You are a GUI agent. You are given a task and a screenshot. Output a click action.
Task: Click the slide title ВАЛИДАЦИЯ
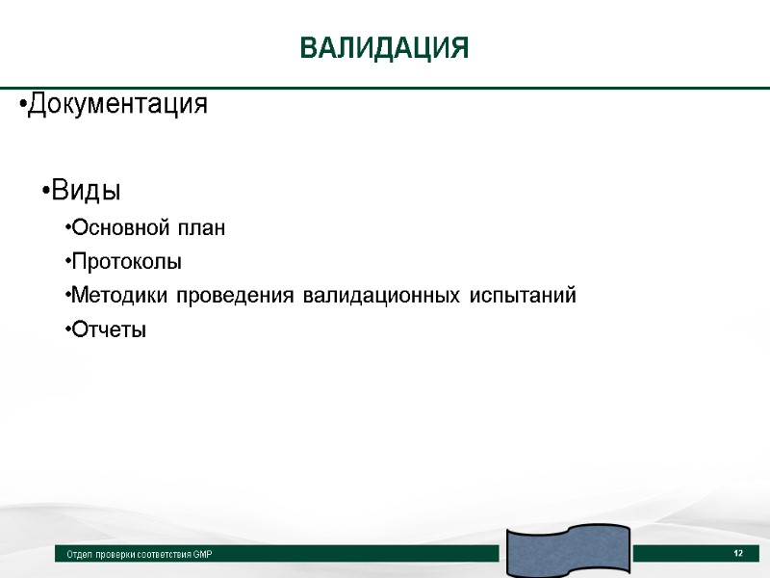pos(384,48)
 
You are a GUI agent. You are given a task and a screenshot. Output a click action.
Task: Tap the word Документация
pos(117,104)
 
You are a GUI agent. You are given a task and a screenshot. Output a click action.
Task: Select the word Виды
pos(86,191)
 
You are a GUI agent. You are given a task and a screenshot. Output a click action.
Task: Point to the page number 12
pos(738,553)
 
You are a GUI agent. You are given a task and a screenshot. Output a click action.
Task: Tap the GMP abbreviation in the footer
pos(203,555)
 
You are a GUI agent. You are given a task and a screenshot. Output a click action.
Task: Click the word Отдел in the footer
pos(78,555)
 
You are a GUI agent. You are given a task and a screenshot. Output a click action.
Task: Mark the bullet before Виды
pos(45,192)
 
